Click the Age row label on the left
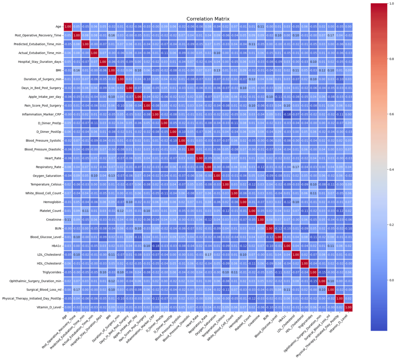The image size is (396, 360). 58,27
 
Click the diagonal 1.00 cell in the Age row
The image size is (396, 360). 68,27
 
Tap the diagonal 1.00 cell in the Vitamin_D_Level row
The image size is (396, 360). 348,307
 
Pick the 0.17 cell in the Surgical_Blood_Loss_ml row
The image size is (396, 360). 77,289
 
